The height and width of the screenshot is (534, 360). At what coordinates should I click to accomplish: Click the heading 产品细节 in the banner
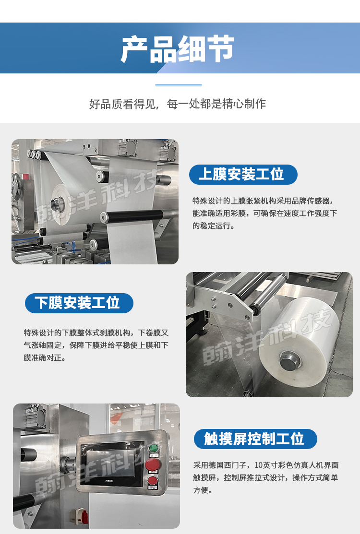point(178,49)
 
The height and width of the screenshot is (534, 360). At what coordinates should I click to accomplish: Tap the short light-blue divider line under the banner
point(179,85)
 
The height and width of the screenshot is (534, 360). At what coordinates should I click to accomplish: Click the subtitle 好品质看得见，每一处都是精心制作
point(178,104)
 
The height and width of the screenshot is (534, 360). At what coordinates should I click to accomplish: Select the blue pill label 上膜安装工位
point(243,174)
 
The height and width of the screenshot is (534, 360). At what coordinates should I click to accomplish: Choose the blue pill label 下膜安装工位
point(79,303)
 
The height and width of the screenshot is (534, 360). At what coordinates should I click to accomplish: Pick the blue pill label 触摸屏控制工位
point(255,439)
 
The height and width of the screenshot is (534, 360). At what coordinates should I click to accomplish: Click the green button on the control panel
point(154,448)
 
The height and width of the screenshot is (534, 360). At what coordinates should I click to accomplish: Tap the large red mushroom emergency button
point(153,464)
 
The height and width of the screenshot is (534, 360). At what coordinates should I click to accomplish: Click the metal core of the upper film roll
point(57,203)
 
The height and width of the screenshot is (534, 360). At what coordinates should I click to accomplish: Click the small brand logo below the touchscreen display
point(109,481)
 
